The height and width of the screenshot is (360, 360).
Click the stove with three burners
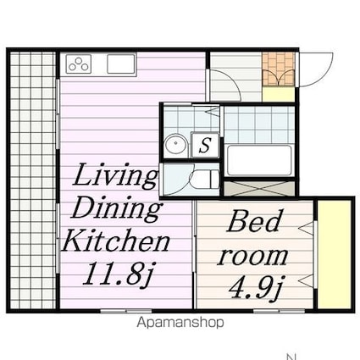(x=79, y=64)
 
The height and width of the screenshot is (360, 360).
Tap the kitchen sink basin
(x=121, y=64)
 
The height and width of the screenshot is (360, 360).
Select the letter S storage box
(x=205, y=145)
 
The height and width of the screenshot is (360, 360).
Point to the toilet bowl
(x=205, y=180)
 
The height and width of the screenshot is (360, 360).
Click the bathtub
(x=259, y=161)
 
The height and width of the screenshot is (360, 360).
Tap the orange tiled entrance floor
(x=279, y=69)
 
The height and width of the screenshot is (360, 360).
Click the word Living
(x=115, y=175)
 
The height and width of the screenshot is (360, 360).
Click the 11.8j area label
(x=118, y=274)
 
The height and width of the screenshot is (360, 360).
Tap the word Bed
(x=254, y=221)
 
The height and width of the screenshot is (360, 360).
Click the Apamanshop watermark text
(x=180, y=323)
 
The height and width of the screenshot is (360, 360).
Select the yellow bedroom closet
(x=335, y=254)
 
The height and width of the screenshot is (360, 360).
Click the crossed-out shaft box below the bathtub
(x=259, y=189)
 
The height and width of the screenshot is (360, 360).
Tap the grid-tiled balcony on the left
(x=33, y=181)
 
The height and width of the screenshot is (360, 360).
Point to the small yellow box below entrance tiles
(x=279, y=94)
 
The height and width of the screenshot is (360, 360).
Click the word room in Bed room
(x=252, y=257)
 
